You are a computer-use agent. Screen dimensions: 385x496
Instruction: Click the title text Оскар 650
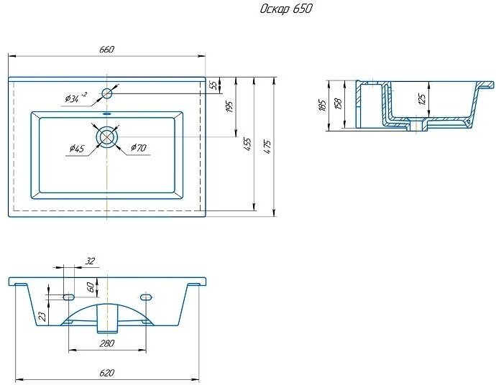(285, 9)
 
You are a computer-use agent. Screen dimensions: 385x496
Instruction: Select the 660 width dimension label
(106, 49)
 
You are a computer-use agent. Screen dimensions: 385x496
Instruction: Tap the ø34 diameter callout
(75, 96)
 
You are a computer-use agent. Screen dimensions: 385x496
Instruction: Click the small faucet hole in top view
(107, 92)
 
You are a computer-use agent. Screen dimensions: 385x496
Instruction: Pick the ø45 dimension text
(77, 148)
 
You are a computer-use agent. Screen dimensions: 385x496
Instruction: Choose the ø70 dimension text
(139, 148)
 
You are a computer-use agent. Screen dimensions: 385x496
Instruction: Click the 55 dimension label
(213, 85)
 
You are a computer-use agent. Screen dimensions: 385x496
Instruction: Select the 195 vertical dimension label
(230, 106)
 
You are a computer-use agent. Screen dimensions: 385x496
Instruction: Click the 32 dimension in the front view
(90, 261)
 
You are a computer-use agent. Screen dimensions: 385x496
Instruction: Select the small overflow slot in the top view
(107, 114)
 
